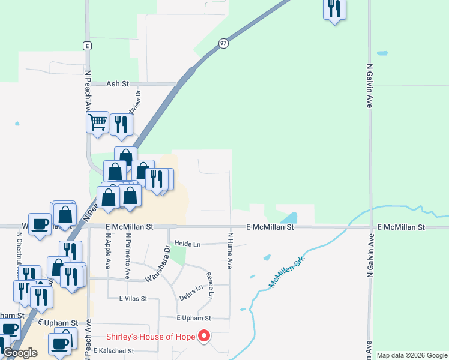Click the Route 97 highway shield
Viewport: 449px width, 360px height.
click(x=223, y=44)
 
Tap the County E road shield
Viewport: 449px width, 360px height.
click(x=87, y=46)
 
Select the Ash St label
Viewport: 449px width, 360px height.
click(x=118, y=85)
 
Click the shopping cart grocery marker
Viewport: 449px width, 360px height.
click(x=97, y=123)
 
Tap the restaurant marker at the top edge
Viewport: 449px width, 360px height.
click(x=334, y=9)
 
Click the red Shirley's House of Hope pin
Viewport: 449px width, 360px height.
click(x=204, y=336)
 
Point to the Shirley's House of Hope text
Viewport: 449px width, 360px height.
click(x=151, y=337)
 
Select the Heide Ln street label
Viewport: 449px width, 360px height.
click(x=187, y=244)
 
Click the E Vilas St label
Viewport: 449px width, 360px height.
click(x=133, y=298)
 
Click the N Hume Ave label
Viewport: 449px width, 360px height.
click(x=230, y=251)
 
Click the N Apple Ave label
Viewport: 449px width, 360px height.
click(x=109, y=251)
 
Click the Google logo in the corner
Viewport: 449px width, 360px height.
click(x=19, y=353)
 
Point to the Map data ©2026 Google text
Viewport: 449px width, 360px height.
click(x=411, y=355)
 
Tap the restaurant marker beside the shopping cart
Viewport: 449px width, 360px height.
click(x=121, y=125)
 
